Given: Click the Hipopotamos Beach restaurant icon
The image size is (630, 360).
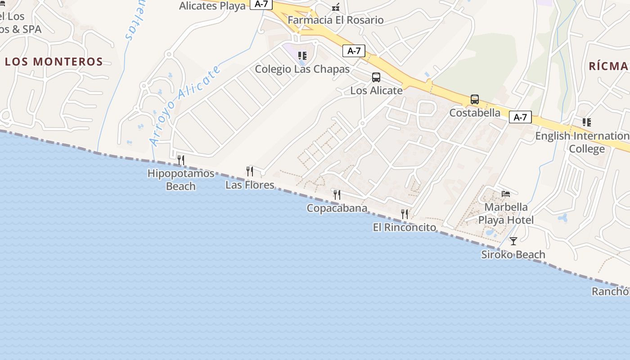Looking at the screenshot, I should point(180,160).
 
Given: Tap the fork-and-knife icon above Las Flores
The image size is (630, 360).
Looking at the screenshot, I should point(250,171).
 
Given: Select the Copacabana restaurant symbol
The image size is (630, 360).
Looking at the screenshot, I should point(337,194).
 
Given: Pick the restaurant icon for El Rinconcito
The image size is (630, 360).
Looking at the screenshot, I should point(405,214).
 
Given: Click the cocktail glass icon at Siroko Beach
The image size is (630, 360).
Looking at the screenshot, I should point(513,241).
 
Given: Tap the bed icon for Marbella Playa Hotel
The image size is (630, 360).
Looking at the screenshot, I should point(506,194).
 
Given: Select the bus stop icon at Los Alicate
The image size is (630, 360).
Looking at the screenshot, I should point(376,77).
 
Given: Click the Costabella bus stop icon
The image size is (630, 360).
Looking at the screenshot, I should point(474,99).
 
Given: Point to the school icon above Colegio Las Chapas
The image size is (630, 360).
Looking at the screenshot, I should point(302,56).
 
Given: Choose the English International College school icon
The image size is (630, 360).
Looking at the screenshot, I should point(586,122).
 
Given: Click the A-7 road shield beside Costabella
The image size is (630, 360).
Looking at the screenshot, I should point(520,117).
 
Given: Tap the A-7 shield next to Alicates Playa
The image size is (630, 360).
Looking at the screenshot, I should point(261,4).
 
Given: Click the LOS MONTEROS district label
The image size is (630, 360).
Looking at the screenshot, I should point(54,62).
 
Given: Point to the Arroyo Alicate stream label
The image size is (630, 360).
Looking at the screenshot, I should point(185,106).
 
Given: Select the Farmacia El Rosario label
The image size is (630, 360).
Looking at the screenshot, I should point(336,20).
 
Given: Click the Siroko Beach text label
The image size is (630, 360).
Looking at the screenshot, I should point(513,255).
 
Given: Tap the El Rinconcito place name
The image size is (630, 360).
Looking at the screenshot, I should point(405,227).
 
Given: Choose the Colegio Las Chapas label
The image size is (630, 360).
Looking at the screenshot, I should point(302,69).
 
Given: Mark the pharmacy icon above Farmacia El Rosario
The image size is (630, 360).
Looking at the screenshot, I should point(336,7).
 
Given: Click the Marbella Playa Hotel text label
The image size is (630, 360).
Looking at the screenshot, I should point(506,214).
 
